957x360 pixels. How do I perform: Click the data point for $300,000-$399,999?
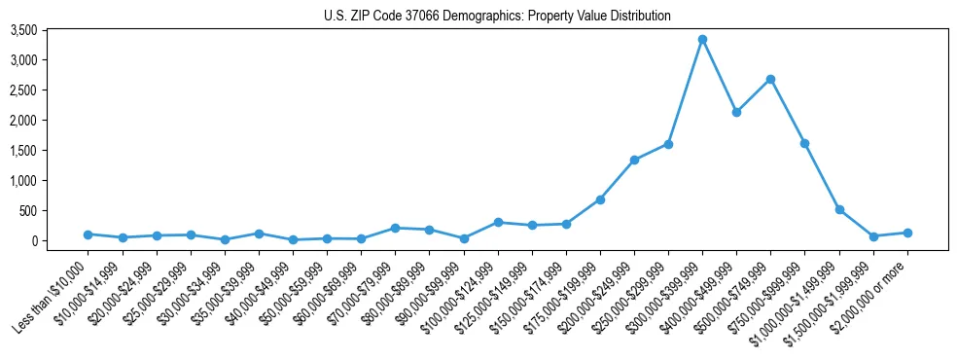(702, 40)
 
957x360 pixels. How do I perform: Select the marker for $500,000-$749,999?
(770, 79)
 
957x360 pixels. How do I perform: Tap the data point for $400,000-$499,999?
(736, 112)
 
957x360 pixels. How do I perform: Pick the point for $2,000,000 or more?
(907, 233)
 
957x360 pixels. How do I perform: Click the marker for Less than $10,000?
(89, 234)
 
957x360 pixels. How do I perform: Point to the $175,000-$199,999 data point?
(600, 199)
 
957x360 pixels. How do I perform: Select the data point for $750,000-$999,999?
(804, 143)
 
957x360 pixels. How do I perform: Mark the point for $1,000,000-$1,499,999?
(839, 209)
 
